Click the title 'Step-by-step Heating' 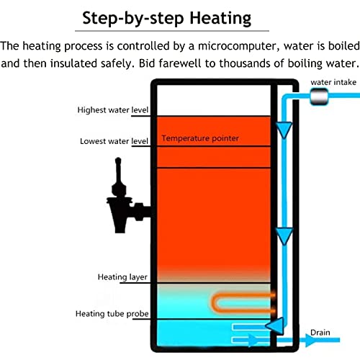click(167, 19)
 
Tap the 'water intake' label click(333, 82)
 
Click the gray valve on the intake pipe click(319, 96)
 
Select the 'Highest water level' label click(113, 110)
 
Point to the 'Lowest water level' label click(114, 141)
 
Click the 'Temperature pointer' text click(200, 138)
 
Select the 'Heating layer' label click(122, 277)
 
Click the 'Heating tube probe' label click(112, 314)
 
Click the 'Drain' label click(320, 333)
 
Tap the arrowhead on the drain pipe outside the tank click(310, 340)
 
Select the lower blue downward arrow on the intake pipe click(284, 236)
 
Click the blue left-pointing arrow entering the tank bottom click(275, 326)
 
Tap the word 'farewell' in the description click(179, 63)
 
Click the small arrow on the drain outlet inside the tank click(252, 340)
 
